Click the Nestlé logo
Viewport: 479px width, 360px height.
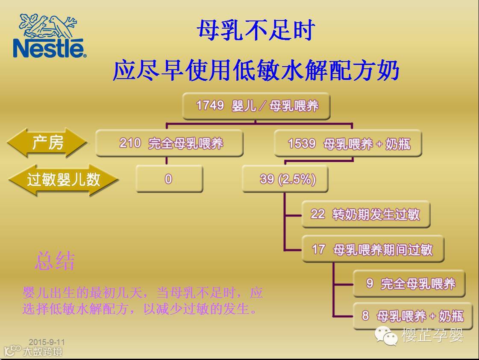[x=49, y=36]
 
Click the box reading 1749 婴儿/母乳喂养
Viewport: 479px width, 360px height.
[x=256, y=106]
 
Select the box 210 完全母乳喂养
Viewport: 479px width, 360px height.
[x=170, y=143]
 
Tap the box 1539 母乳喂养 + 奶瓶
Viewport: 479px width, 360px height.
[x=348, y=143]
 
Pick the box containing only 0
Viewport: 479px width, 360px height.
[x=169, y=179]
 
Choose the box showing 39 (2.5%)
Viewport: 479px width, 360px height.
[x=285, y=179]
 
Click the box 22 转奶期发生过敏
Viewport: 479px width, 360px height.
[x=365, y=214]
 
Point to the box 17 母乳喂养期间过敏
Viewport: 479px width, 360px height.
[x=373, y=249]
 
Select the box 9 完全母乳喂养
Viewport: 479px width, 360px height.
[x=409, y=283]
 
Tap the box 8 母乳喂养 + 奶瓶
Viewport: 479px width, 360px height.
[x=412, y=316]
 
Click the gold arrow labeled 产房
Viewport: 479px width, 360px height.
[x=47, y=143]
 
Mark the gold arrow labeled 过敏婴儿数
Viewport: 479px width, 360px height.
[x=63, y=179]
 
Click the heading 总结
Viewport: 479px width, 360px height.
[x=55, y=261]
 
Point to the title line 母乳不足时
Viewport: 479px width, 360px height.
[x=256, y=31]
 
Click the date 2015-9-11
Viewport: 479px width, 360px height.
[x=47, y=342]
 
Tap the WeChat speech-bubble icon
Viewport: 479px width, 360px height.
[x=386, y=335]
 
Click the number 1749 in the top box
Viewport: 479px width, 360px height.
[x=210, y=105]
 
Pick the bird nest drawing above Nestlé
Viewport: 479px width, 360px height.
[x=48, y=25]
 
